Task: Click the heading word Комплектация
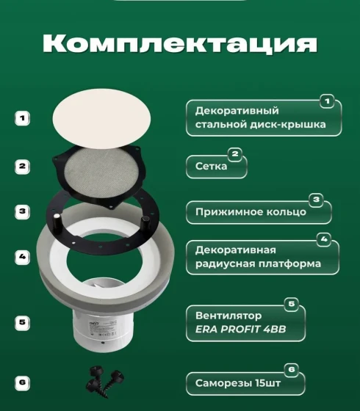pyautogui.click(x=180, y=44)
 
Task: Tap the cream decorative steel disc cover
pyautogui.click(x=101, y=118)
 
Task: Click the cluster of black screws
pyautogui.click(x=105, y=382)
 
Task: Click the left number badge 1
pyautogui.click(x=22, y=118)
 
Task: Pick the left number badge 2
pyautogui.click(x=22, y=166)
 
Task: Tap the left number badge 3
pyautogui.click(x=22, y=211)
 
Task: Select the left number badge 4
pyautogui.click(x=22, y=257)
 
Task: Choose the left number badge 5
pyautogui.click(x=22, y=322)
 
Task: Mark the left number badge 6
pyautogui.click(x=22, y=382)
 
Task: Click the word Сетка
pyautogui.click(x=212, y=166)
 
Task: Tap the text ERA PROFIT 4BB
pyautogui.click(x=241, y=330)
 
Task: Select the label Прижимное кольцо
pyautogui.click(x=251, y=212)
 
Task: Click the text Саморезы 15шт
pyautogui.click(x=238, y=383)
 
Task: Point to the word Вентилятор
pyautogui.click(x=228, y=316)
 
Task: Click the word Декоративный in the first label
pyautogui.click(x=237, y=111)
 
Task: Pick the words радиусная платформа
pyautogui.click(x=258, y=263)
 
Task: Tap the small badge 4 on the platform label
pyautogui.click(x=324, y=239)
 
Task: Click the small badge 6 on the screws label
pyautogui.click(x=292, y=370)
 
